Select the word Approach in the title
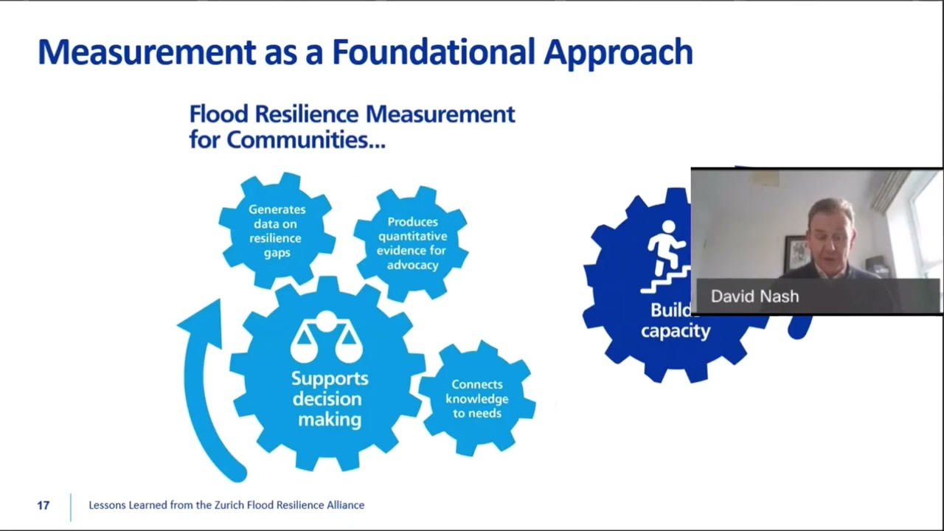pos(618,52)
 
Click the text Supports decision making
pos(329,398)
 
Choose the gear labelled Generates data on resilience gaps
pos(277,231)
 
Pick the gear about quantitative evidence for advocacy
pos(412,243)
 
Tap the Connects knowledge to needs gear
pos(476,398)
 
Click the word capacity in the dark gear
pos(675,330)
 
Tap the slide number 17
pos(43,505)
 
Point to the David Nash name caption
pos(754,296)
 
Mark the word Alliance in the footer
pos(343,505)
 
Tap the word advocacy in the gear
pos(412,265)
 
